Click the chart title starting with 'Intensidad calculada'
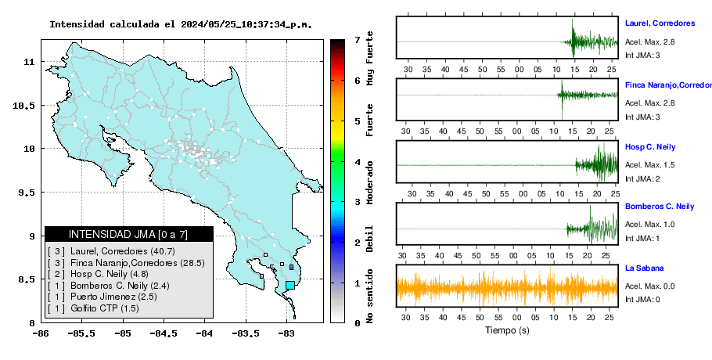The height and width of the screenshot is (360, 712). (x=181, y=24)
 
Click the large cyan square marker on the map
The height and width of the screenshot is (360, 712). (x=290, y=285)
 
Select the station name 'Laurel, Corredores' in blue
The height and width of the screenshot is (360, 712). (x=660, y=23)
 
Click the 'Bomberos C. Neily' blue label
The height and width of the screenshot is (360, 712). (x=660, y=207)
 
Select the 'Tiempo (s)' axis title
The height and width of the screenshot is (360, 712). (x=507, y=330)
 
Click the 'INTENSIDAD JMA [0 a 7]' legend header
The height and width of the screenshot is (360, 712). (x=128, y=234)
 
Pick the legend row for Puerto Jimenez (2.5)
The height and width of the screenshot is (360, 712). (x=97, y=297)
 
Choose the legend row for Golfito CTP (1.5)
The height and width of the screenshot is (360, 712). (x=93, y=308)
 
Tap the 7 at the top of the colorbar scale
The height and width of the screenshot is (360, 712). (x=358, y=40)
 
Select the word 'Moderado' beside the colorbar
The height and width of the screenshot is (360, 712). (x=370, y=182)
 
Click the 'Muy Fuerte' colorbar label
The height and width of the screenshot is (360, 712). (x=370, y=58)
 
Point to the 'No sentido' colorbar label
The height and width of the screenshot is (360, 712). (x=370, y=296)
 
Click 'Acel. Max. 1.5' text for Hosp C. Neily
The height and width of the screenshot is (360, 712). (x=649, y=165)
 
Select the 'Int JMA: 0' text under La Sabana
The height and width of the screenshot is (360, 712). (x=642, y=299)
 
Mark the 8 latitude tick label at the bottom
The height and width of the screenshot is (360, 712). (x=32, y=323)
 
